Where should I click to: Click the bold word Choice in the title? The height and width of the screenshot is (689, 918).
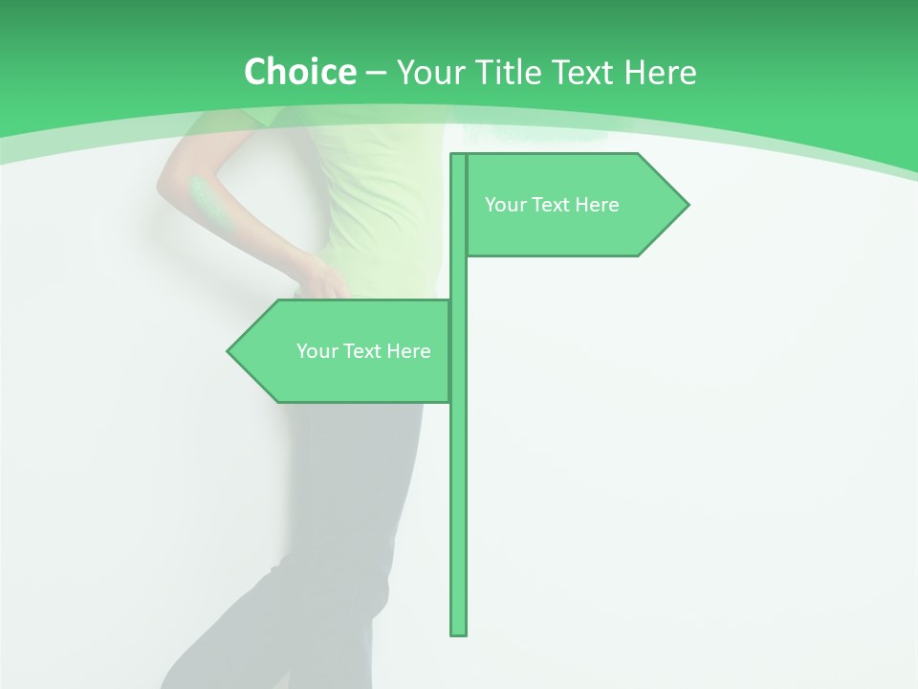coord(299,72)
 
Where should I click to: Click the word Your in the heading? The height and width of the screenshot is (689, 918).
coord(429,72)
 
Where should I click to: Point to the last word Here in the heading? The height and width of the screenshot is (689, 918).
coord(660,72)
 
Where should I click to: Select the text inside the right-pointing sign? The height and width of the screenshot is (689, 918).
coord(552,205)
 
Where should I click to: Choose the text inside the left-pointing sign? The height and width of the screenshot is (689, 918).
coord(363,351)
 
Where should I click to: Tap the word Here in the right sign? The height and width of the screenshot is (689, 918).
coord(598,205)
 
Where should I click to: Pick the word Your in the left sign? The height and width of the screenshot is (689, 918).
coord(317,351)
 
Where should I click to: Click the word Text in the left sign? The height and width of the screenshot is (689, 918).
coord(363,351)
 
